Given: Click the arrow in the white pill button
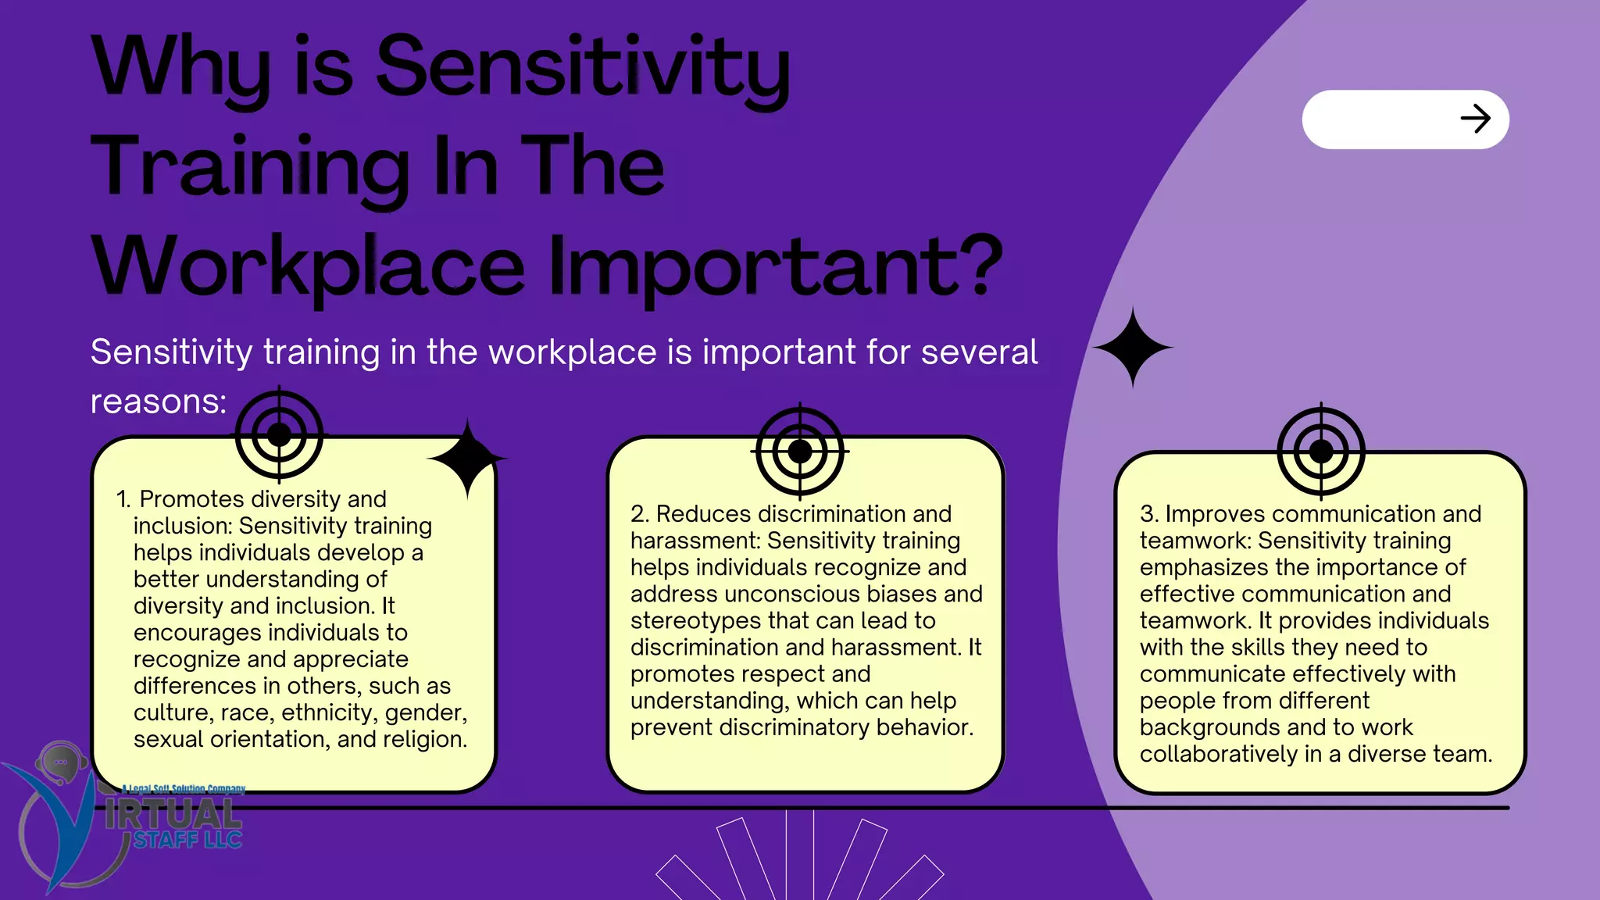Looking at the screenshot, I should (x=1475, y=119).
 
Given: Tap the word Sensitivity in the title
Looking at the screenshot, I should (x=582, y=69).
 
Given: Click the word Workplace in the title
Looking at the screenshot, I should (x=308, y=267).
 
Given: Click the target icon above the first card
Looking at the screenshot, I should (x=279, y=435).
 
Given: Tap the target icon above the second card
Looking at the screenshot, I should (x=799, y=452).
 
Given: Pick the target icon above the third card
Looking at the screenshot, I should (x=1320, y=452).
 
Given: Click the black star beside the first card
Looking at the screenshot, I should (x=467, y=459).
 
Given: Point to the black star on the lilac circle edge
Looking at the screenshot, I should (x=1133, y=348).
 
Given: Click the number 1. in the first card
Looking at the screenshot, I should (x=123, y=499).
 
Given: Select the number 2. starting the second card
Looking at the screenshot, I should (x=641, y=514).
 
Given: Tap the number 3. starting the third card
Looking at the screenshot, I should (x=1149, y=514).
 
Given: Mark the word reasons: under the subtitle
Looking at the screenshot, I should (x=159, y=402).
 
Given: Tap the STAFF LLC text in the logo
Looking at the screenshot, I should (x=187, y=840).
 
